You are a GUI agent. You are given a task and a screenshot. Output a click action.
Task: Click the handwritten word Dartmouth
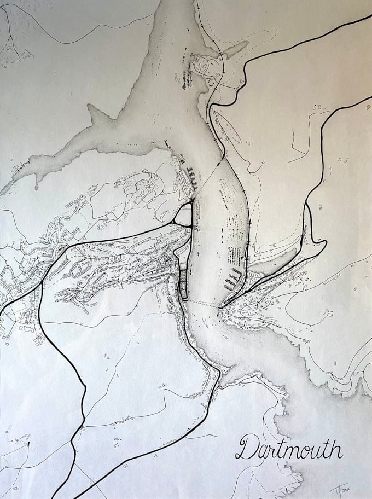point(289,447)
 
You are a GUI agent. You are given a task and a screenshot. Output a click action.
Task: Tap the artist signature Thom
point(340,489)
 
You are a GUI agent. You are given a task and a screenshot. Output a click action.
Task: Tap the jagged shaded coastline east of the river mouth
point(306,350)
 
